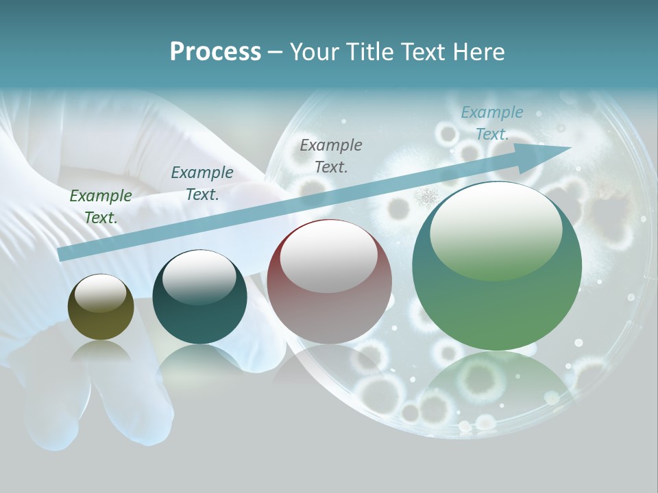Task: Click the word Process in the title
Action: pyautogui.click(x=215, y=51)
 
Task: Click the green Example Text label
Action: pyautogui.click(x=101, y=206)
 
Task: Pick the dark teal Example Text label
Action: pyautogui.click(x=202, y=183)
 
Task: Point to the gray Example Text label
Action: pyautogui.click(x=331, y=155)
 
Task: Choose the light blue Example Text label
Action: pyautogui.click(x=492, y=123)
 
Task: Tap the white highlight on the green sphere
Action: pyautogui.click(x=496, y=229)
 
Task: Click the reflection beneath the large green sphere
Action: pyautogui.click(x=497, y=387)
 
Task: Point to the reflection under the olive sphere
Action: pyautogui.click(x=101, y=352)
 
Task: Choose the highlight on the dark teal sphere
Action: pyautogui.click(x=199, y=277)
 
